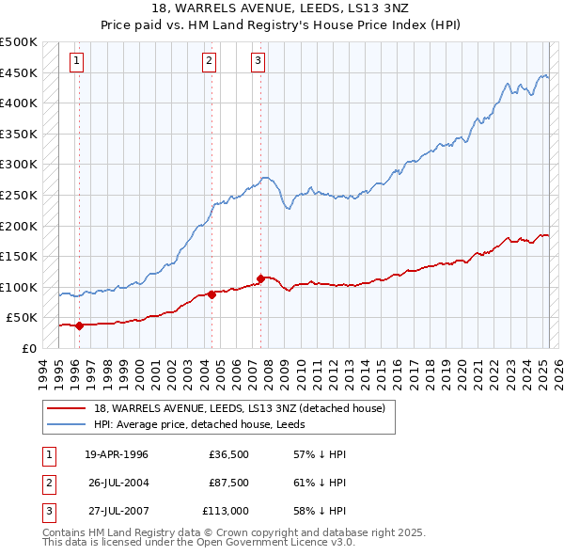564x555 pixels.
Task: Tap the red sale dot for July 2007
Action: click(259, 278)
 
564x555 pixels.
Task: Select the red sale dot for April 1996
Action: click(79, 325)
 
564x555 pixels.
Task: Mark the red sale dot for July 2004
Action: click(211, 294)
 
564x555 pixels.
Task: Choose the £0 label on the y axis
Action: click(28, 348)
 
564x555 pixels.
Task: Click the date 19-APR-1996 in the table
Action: click(117, 454)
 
